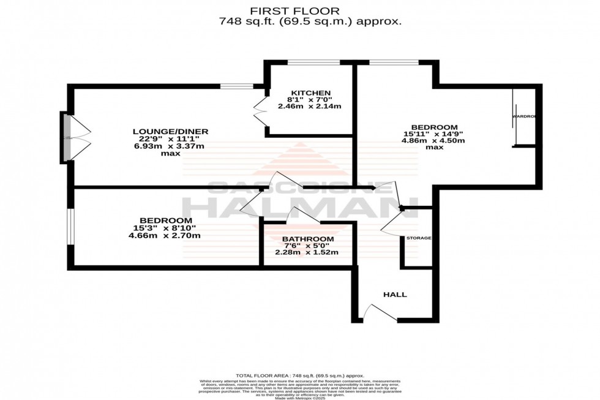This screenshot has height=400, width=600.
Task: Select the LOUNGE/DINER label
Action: tap(171, 131)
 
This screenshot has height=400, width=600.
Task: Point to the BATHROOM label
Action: tap(308, 239)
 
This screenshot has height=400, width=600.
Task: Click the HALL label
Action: tap(395, 295)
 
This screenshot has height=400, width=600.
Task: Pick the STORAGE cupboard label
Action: tap(419, 238)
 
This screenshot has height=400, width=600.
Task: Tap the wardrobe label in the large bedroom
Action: tap(524, 116)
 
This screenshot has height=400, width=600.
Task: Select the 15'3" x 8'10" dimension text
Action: tap(166, 228)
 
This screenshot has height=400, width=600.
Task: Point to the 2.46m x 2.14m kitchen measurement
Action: tap(309, 106)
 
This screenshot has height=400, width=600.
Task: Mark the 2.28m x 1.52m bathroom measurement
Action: tap(307, 252)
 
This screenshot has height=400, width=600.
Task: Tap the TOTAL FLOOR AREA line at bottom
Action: tap(300, 375)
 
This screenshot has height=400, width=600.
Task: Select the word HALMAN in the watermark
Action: tap(299, 206)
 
